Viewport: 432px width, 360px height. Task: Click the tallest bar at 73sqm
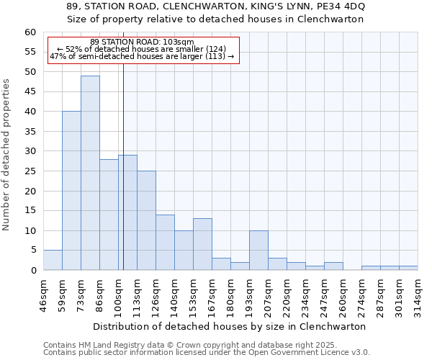[90, 173]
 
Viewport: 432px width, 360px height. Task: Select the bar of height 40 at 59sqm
[71, 191]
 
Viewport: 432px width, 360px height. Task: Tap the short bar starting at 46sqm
[53, 260]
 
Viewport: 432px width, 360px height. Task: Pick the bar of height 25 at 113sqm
[146, 220]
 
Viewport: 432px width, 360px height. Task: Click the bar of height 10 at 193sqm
[258, 251]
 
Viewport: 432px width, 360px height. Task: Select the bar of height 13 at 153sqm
[202, 244]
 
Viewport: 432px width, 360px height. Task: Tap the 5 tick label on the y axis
[33, 251]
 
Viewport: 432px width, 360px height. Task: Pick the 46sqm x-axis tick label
[44, 294]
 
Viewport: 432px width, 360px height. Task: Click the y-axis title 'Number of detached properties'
[7, 155]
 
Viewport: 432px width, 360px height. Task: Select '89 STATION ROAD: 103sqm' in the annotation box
[142, 42]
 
